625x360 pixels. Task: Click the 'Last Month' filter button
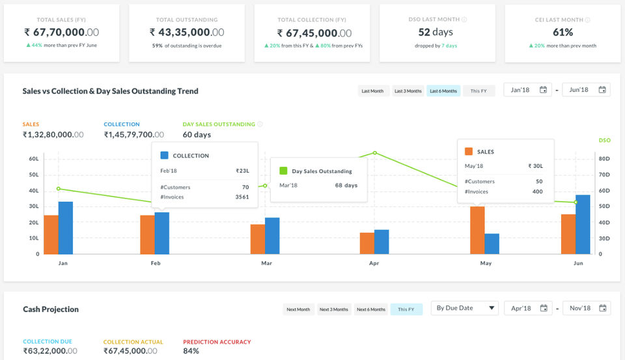372,91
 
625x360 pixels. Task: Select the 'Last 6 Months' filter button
443,91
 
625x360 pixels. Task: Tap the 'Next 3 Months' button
333,309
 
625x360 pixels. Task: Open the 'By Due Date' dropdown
465,308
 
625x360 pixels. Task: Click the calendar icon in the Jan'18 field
543,90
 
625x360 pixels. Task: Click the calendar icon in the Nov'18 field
603,308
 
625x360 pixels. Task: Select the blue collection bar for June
583,225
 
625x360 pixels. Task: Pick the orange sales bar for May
477,230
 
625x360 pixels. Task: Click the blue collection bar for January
66,228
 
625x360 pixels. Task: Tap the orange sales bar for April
367,243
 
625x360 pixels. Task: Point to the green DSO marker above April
375,153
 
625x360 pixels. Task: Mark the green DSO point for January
59,189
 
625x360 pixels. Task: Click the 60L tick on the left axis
34,159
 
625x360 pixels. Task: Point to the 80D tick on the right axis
604,159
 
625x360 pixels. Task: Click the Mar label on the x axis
267,263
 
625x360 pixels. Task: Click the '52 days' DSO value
436,32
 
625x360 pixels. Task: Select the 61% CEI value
562,33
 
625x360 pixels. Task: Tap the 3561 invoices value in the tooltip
242,197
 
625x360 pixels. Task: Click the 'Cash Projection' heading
51,309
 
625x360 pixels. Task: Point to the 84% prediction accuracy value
191,351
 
